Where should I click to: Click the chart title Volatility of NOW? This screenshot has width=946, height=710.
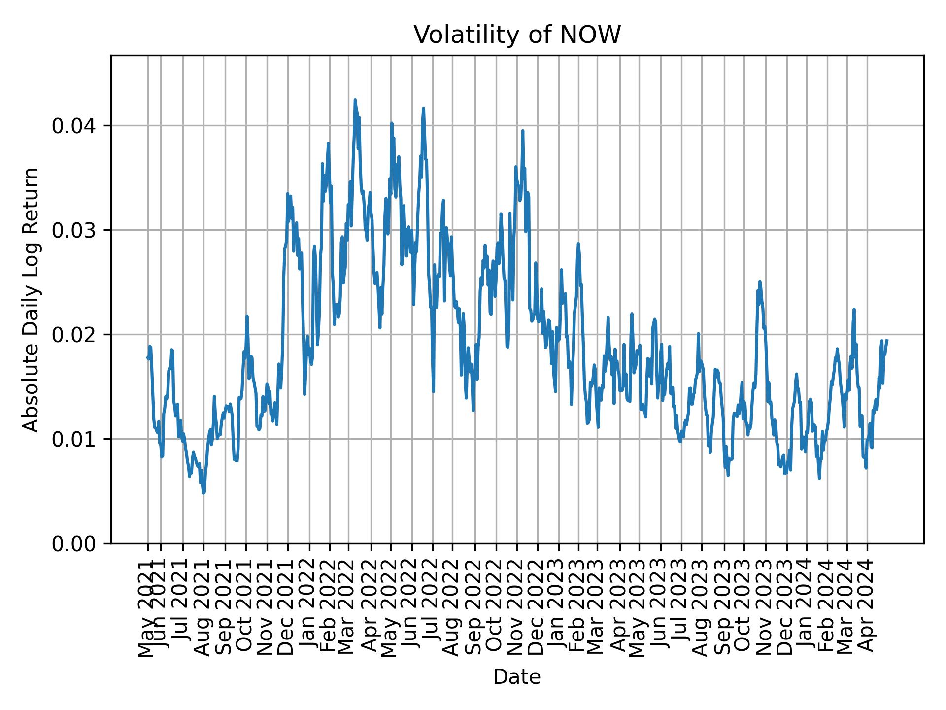[517, 35]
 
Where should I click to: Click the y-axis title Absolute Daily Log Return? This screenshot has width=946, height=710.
[32, 299]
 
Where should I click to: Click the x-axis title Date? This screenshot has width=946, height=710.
[517, 677]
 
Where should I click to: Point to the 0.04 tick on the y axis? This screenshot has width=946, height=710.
[74, 126]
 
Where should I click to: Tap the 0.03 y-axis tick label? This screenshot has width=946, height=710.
[74, 230]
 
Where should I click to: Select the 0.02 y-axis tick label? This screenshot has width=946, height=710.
[74, 335]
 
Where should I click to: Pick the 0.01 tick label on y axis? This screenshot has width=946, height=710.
[74, 439]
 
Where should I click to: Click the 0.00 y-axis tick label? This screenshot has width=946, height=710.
[74, 543]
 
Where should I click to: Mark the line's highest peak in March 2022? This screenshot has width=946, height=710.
[355, 100]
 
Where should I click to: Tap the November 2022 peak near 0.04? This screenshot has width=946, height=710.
[522, 131]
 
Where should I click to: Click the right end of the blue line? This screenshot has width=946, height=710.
[887, 340]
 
